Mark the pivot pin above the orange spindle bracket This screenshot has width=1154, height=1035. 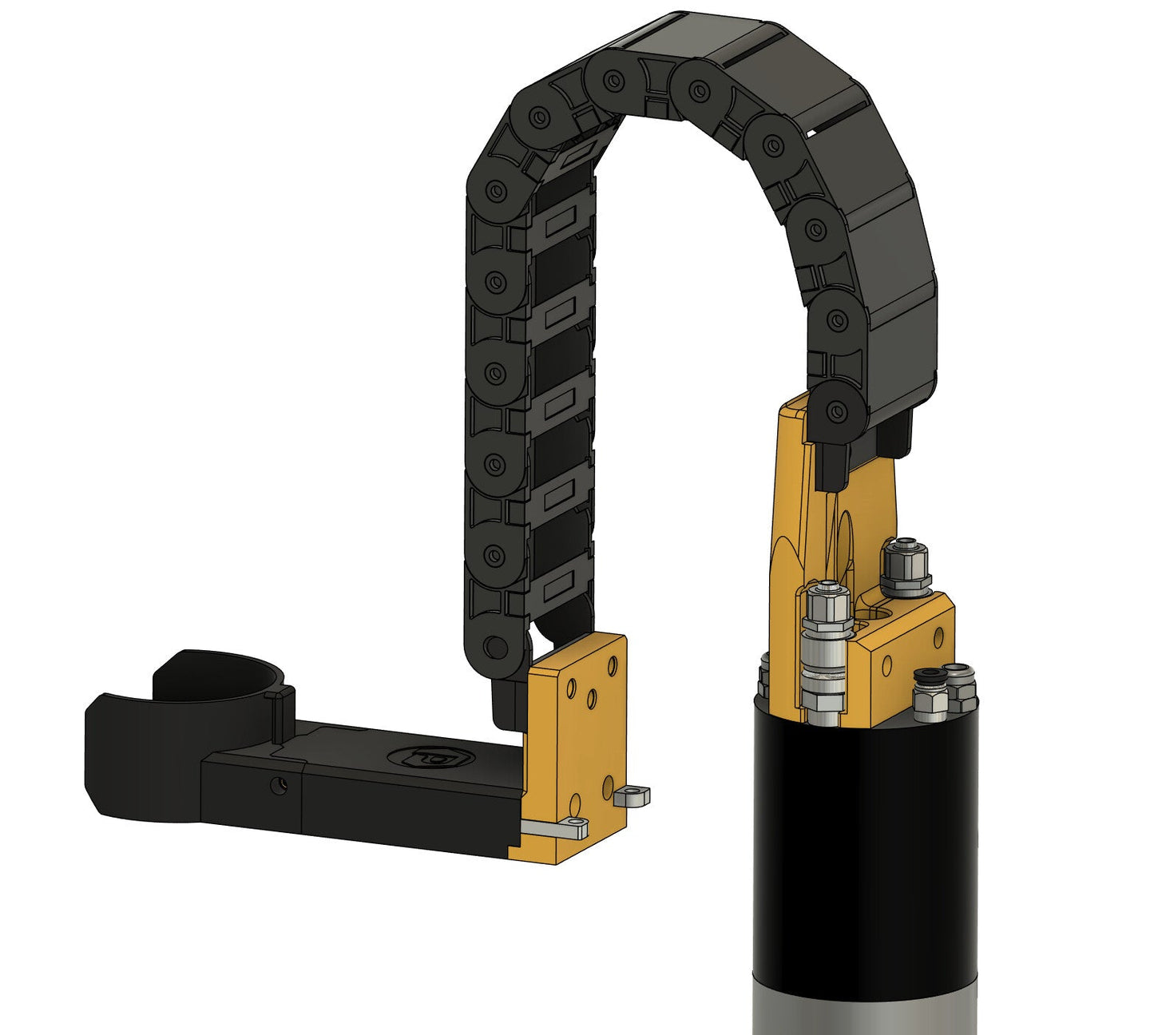(836, 412)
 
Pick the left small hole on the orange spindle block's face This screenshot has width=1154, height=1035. (887, 665)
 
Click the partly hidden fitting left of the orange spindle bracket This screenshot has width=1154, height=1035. (763, 675)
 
